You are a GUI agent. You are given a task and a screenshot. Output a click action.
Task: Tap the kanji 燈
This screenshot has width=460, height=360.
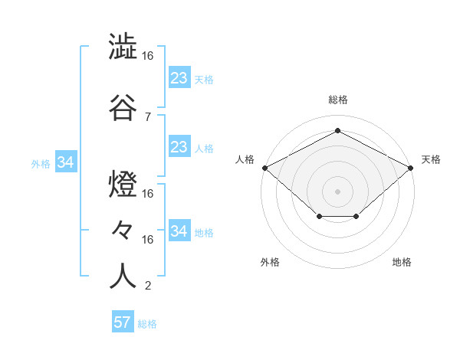[x=123, y=184]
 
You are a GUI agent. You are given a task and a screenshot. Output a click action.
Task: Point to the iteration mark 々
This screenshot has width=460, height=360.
[x=123, y=229]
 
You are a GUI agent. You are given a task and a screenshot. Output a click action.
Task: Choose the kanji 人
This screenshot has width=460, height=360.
[x=123, y=275]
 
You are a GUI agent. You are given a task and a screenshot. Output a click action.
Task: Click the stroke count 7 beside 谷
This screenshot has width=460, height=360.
[x=147, y=116]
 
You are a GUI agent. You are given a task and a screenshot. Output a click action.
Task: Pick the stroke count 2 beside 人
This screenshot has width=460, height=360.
[x=147, y=286]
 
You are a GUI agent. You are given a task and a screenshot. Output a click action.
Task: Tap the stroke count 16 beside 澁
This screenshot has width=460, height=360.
[x=147, y=57]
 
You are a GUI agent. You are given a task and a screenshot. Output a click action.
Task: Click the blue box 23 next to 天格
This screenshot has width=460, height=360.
[x=179, y=77]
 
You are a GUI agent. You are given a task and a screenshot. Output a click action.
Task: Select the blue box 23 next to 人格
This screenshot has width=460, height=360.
[x=179, y=146]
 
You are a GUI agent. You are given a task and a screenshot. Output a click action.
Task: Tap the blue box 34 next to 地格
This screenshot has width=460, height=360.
[x=179, y=231]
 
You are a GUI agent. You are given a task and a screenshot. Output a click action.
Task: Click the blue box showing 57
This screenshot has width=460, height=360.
[x=122, y=322]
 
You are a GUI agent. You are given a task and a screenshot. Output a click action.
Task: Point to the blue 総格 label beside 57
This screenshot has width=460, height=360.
[x=147, y=324]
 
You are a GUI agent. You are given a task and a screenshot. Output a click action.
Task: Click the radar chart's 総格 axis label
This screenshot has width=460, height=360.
[x=337, y=100]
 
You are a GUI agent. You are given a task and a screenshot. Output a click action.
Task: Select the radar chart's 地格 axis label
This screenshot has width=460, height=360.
[x=402, y=262]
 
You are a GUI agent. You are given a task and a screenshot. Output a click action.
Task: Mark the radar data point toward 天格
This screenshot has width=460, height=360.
[x=411, y=168]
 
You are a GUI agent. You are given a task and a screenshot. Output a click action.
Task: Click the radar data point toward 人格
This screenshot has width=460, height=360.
[x=264, y=168]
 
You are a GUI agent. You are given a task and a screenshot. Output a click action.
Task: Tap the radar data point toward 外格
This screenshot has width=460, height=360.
[x=319, y=217]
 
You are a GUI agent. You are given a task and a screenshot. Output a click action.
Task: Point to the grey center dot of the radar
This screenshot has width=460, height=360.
[x=337, y=191]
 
